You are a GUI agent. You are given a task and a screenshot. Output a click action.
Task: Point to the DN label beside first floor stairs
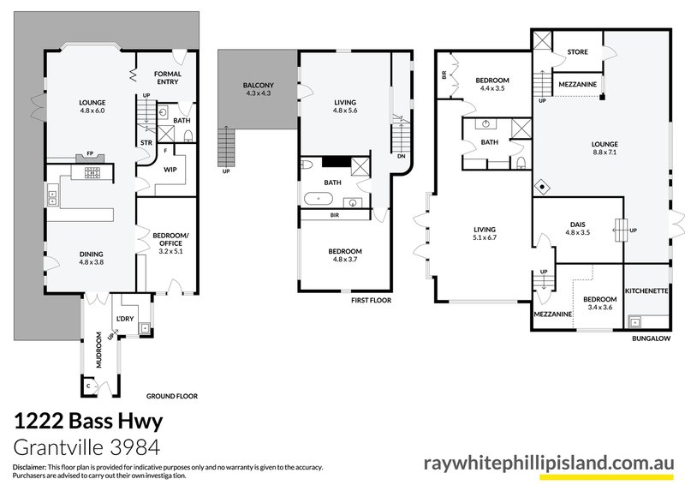coord(402,157)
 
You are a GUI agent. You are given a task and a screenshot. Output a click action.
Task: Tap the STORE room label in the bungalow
coord(577,52)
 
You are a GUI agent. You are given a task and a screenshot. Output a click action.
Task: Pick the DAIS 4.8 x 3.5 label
coord(577,228)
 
